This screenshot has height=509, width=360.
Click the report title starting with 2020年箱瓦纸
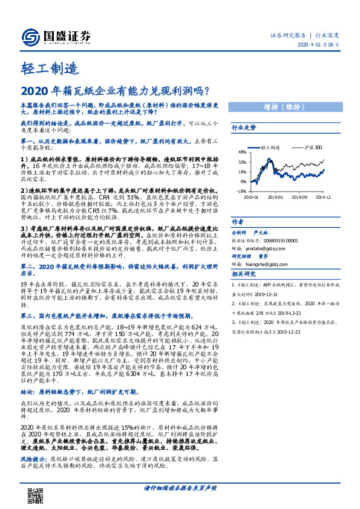115,91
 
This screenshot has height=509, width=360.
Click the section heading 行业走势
244,128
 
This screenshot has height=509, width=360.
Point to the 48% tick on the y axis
241,152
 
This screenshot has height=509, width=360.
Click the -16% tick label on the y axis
241,190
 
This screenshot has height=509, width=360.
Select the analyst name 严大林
261,232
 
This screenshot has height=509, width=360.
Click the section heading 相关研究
244,275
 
